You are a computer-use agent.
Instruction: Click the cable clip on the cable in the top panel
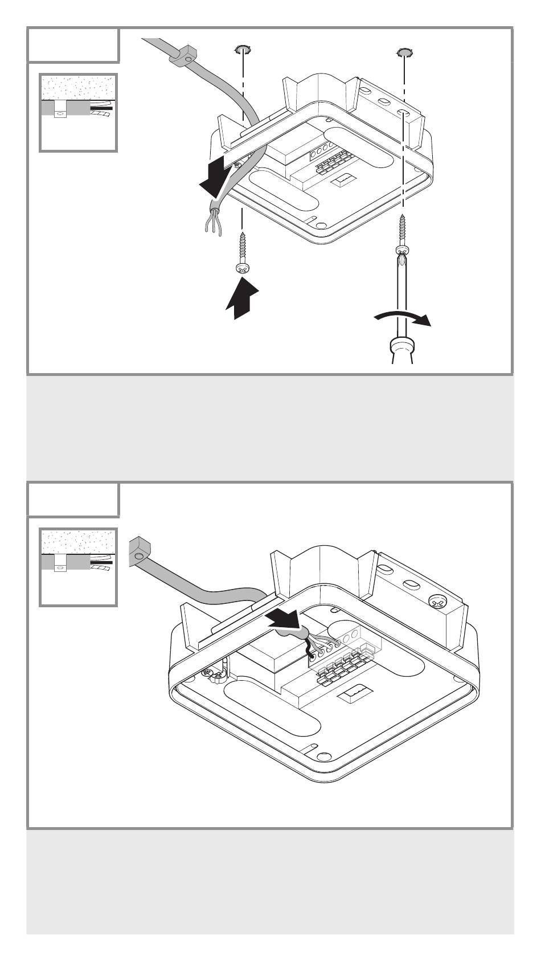183,56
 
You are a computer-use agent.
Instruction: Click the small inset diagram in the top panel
78,113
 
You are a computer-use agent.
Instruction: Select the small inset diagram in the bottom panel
78,567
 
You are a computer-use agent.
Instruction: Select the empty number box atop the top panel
73,44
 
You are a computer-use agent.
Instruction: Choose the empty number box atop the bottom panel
73,499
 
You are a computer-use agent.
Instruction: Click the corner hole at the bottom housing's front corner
323,755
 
